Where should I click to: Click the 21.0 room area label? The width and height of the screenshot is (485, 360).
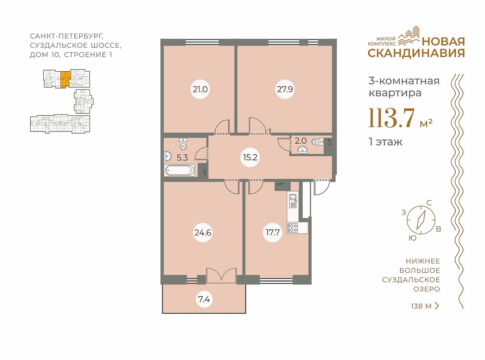[200, 89]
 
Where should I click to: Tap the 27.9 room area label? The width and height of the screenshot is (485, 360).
[285, 89]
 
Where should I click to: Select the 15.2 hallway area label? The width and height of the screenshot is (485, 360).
[250, 157]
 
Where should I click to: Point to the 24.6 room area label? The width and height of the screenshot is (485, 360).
[203, 232]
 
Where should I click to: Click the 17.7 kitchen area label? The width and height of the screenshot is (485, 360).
[273, 232]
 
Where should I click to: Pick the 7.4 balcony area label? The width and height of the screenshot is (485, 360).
[204, 299]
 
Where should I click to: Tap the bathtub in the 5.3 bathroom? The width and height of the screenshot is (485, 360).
[179, 170]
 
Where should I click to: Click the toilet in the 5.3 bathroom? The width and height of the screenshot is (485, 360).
[182, 144]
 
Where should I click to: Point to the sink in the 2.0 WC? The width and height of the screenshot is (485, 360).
[303, 150]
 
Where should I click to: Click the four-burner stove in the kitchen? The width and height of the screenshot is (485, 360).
[293, 228]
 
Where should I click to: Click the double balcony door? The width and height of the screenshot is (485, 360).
[221, 276]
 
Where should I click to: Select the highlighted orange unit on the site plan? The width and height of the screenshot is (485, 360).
[65, 79]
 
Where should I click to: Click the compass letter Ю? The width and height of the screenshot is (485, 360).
[413, 238]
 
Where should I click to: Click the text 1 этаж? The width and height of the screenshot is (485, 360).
[386, 142]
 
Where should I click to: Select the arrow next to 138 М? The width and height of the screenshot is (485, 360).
[437, 306]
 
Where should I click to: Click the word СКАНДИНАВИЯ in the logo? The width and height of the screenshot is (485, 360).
[416, 53]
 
